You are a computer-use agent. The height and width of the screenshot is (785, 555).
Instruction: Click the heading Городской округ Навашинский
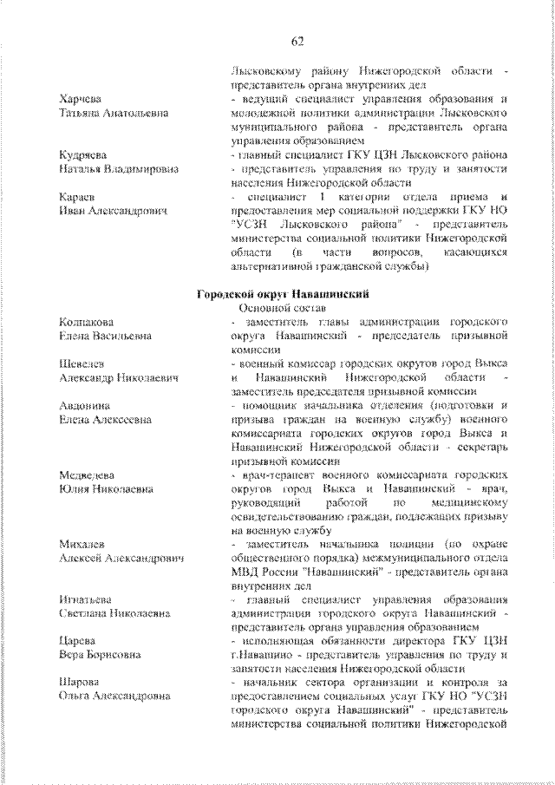(x=277, y=293)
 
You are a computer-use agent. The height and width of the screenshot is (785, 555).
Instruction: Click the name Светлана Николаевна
(x=114, y=615)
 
